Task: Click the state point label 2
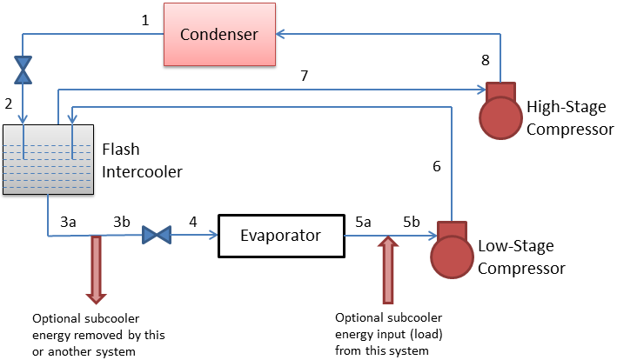[x=10, y=104]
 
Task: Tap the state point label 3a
[x=68, y=222]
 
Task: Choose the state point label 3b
[x=122, y=222]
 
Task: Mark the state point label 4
[x=193, y=222]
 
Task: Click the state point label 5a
[x=364, y=222]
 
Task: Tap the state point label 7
[x=304, y=77]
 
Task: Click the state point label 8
[x=486, y=61]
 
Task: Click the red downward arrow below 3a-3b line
[x=95, y=266]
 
